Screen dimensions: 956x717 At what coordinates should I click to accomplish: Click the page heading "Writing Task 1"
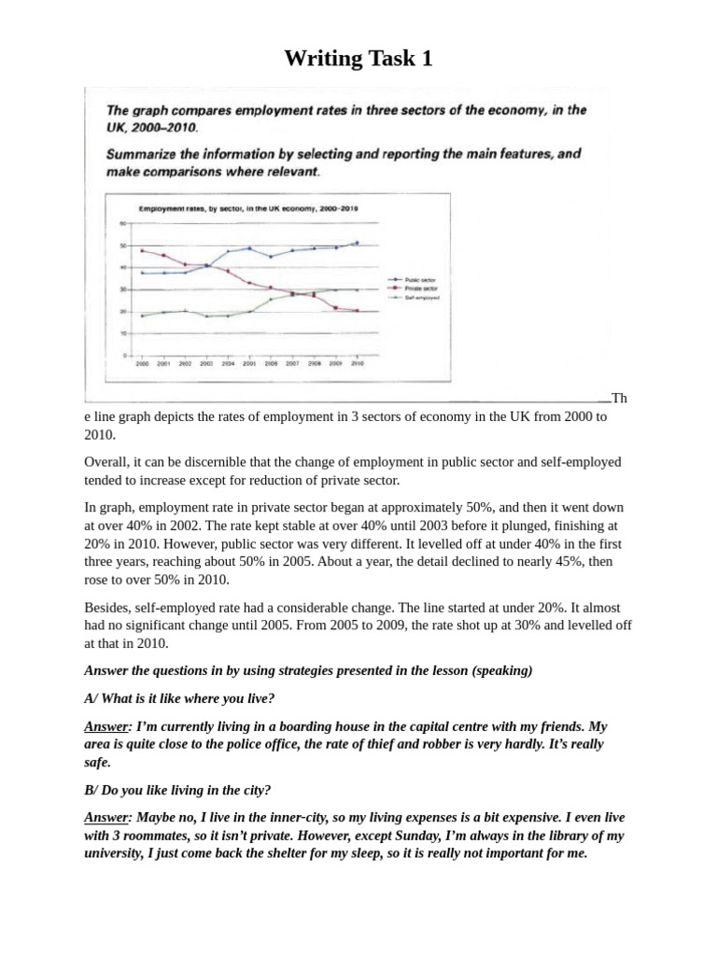358,59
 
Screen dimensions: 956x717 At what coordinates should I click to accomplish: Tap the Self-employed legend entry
411,298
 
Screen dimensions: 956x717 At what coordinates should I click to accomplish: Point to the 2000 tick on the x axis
141,364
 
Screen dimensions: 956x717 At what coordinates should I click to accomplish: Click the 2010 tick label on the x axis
357,364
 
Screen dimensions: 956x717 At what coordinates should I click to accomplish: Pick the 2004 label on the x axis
228,364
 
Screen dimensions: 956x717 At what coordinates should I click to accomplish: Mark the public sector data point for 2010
357,243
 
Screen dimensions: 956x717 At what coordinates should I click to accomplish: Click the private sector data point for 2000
142,250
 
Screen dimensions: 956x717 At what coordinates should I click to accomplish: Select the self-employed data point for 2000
142,316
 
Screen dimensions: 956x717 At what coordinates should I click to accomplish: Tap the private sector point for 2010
357,311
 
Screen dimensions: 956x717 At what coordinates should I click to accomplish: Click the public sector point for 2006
271,256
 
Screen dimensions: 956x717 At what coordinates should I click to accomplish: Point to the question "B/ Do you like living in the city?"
177,789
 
